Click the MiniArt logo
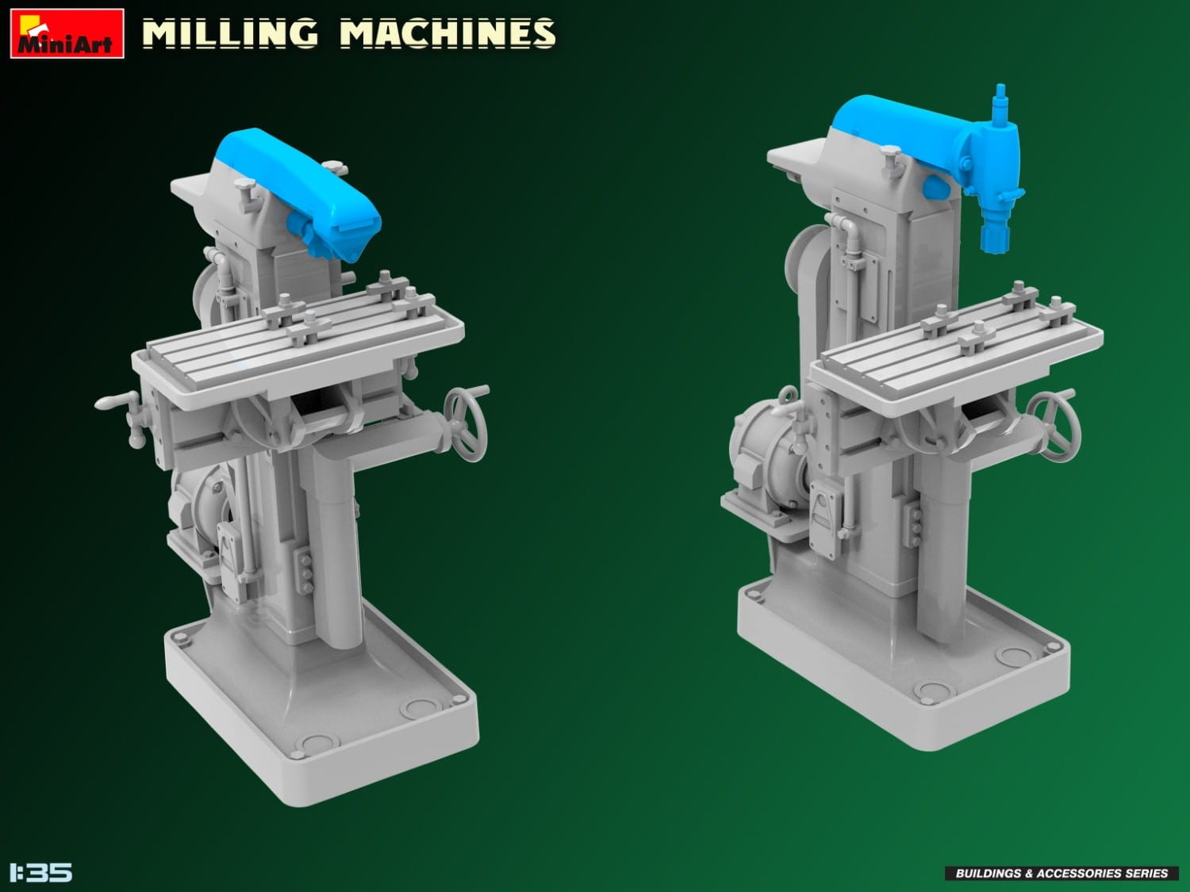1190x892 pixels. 67,33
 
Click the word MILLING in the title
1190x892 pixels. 230,33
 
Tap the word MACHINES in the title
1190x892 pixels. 447,33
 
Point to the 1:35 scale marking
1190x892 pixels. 41,872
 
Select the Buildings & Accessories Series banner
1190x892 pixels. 1061,873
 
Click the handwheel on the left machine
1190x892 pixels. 466,423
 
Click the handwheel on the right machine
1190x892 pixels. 1054,426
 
